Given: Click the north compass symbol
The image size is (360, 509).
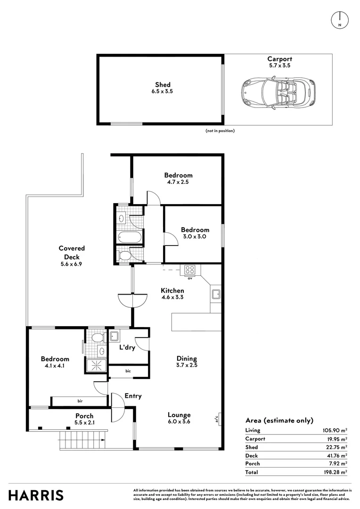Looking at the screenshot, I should [x=339, y=19].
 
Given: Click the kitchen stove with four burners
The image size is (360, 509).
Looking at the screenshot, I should [x=190, y=270].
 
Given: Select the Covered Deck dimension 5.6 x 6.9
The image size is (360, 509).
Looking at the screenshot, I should [x=72, y=264].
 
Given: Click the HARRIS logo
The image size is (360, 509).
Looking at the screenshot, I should [x=36, y=495].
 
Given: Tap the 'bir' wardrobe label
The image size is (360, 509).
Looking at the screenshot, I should [x=80, y=402].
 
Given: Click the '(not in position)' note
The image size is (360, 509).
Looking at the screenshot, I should [x=220, y=131].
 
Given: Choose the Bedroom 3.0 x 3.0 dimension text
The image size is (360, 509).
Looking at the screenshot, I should [x=195, y=237].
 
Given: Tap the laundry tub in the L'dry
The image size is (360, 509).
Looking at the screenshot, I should [x=114, y=336].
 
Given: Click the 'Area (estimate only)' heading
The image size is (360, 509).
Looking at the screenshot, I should [x=279, y=420].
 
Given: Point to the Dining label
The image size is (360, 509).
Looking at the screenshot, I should [x=187, y=359].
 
